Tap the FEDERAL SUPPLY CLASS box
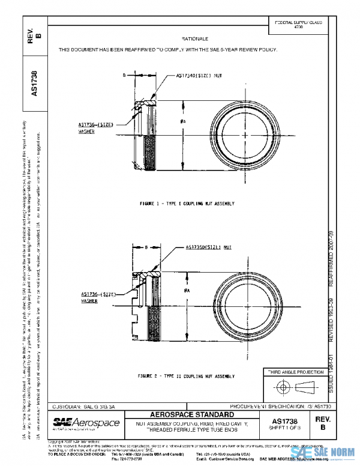[x=298, y=25]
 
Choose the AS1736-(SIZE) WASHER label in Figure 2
[x=97, y=296]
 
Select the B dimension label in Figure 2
[x=138, y=246]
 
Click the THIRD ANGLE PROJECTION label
[x=295, y=373]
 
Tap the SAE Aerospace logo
[x=86, y=424]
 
